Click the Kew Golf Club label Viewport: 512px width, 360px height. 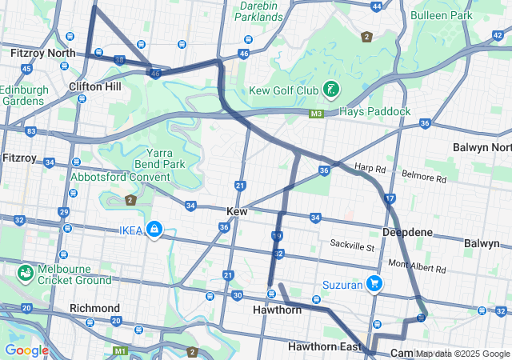click(x=284, y=90)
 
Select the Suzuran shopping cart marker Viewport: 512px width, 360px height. click(x=374, y=283)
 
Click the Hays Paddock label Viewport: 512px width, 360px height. click(x=375, y=111)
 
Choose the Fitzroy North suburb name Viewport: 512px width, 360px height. click(x=43, y=53)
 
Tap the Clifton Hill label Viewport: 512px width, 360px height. click(x=95, y=86)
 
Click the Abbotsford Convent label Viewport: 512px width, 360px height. click(x=121, y=177)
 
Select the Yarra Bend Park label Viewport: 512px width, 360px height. click(x=166, y=158)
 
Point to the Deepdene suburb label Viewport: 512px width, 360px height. click(x=407, y=232)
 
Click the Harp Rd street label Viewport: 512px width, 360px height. click(x=370, y=168)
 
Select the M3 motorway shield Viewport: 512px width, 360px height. click(x=317, y=114)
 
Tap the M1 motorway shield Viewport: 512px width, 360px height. click(x=120, y=350)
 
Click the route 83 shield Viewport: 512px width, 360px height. click(x=30, y=130)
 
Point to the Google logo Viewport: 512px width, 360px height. click(x=26, y=350)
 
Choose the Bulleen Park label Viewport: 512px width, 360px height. click(x=441, y=15)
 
